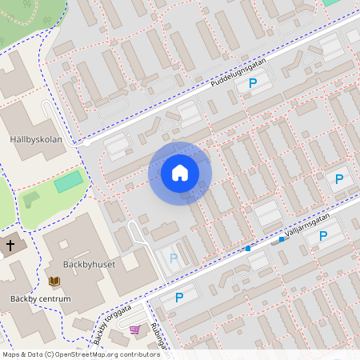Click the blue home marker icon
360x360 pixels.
pos(180,173)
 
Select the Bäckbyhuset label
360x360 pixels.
pos(89,264)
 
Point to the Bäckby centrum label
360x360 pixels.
pos(40,299)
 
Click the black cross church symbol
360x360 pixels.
pos(10,244)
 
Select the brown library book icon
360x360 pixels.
pos(54,281)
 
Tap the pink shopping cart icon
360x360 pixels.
pos(134,330)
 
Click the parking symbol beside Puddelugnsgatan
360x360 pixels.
pos(254,82)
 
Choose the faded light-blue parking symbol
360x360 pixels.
pos(173,258)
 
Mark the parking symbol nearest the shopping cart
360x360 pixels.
pos(178,297)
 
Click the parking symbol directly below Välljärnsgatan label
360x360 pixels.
pos(323,236)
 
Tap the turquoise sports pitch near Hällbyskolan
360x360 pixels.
pos(68,182)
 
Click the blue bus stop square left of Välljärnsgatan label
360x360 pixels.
pos(248,249)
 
